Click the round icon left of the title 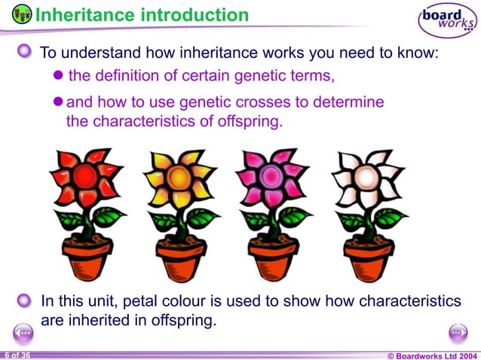point(22,14)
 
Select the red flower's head point(84,178)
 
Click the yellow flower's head point(178,178)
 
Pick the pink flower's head point(271,178)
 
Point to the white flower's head point(366,178)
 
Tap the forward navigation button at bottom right point(458,332)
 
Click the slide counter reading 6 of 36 point(17,354)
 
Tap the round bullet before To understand point(25,51)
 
